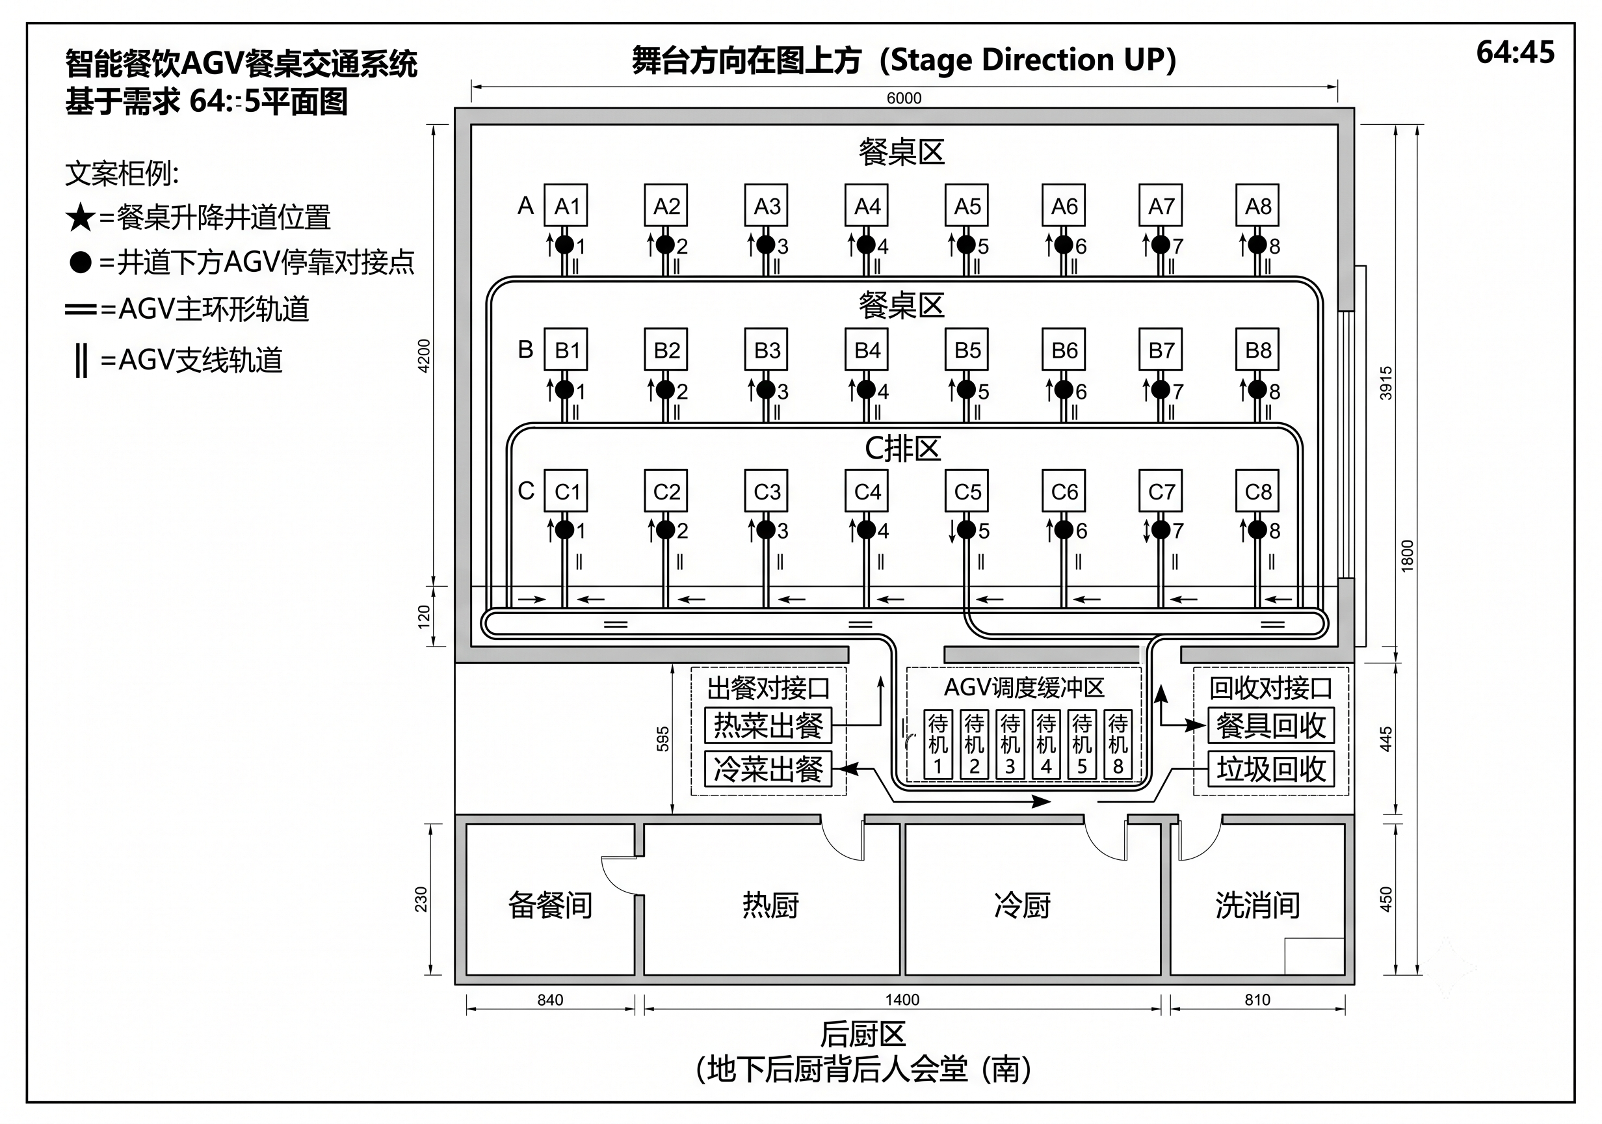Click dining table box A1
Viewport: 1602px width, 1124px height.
pyautogui.click(x=565, y=206)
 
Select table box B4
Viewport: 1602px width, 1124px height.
pyautogui.click(x=867, y=349)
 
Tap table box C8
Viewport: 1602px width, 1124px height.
pyautogui.click(x=1257, y=491)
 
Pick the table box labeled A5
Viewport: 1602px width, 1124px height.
pyautogui.click(x=966, y=206)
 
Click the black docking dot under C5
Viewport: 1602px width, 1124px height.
pyautogui.click(x=966, y=530)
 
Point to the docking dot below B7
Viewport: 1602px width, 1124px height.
pyautogui.click(x=1161, y=390)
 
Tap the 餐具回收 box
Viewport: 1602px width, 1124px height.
pyautogui.click(x=1270, y=725)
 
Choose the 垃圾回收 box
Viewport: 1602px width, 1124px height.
pyautogui.click(x=1270, y=769)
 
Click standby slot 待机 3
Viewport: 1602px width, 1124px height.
pyautogui.click(x=1010, y=744)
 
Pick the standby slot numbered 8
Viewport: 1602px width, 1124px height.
pyautogui.click(x=1118, y=744)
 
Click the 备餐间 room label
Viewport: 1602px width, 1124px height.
pyautogui.click(x=550, y=905)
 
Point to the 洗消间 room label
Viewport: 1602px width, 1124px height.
pyautogui.click(x=1257, y=905)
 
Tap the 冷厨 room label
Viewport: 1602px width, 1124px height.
pyautogui.click(x=1022, y=905)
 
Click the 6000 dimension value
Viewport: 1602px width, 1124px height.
pyautogui.click(x=904, y=98)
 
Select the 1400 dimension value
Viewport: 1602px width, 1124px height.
pyautogui.click(x=902, y=1000)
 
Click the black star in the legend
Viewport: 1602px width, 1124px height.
pyautogui.click(x=80, y=217)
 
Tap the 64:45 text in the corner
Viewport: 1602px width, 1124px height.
pyautogui.click(x=1516, y=52)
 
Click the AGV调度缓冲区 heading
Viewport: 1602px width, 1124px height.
pyautogui.click(x=1023, y=688)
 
